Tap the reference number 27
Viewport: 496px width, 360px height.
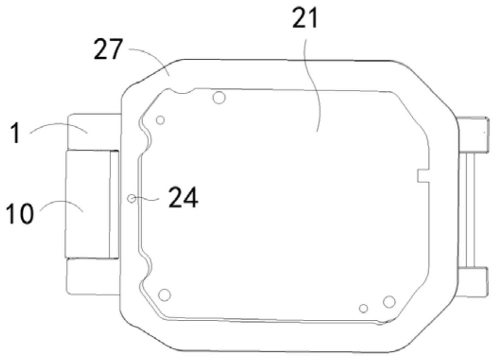click(108, 49)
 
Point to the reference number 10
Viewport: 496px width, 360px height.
click(19, 213)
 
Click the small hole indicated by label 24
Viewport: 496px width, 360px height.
click(131, 198)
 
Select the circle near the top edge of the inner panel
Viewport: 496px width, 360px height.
click(219, 97)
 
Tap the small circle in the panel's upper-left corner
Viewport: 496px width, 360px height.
click(160, 120)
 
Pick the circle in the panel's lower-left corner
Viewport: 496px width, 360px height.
click(164, 295)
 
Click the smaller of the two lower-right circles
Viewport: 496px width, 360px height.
click(364, 308)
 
